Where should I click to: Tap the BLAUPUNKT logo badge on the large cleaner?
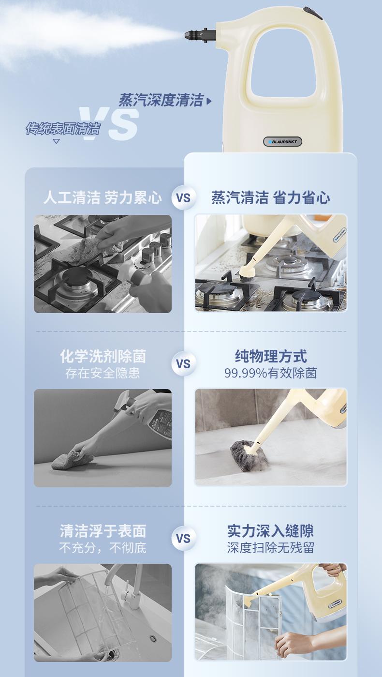(x=282, y=141)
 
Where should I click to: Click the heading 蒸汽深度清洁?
(x=161, y=100)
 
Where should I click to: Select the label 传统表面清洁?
(x=63, y=129)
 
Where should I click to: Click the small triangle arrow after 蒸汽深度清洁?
(x=209, y=101)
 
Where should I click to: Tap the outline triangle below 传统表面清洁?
(x=56, y=141)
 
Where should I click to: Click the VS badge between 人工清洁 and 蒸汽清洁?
(x=183, y=198)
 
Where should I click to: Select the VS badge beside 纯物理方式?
(x=183, y=364)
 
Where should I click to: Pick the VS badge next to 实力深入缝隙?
(x=183, y=539)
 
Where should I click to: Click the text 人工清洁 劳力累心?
(x=103, y=198)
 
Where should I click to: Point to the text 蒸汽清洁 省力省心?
(x=271, y=198)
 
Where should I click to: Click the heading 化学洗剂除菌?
(x=103, y=357)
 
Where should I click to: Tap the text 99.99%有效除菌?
(x=271, y=373)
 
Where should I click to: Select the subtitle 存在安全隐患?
(x=103, y=373)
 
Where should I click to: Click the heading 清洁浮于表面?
(x=103, y=531)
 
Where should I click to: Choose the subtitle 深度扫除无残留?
(x=271, y=548)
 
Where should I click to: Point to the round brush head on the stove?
(x=248, y=272)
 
